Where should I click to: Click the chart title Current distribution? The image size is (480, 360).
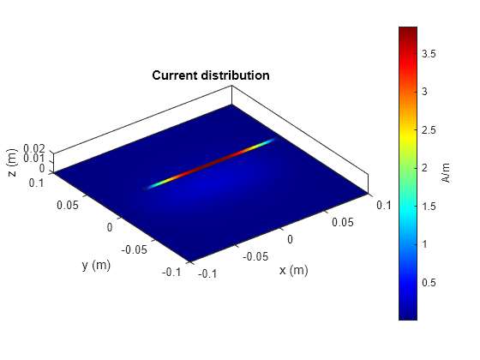pyautogui.click(x=211, y=75)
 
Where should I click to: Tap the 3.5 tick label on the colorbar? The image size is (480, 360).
pyautogui.click(x=431, y=53)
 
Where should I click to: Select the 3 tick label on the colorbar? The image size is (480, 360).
pyautogui.click(x=426, y=91)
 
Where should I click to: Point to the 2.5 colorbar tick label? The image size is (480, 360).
pyautogui.click(x=431, y=129)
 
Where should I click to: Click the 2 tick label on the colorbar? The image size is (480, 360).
pyautogui.click(x=426, y=168)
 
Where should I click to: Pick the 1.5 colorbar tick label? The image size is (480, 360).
pyautogui.click(x=431, y=206)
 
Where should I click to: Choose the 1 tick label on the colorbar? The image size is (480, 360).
pyautogui.click(x=426, y=244)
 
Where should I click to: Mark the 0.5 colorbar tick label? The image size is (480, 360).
pyautogui.click(x=431, y=283)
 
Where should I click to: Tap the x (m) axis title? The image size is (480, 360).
pyautogui.click(x=292, y=271)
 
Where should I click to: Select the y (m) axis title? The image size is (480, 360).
pyautogui.click(x=97, y=266)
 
